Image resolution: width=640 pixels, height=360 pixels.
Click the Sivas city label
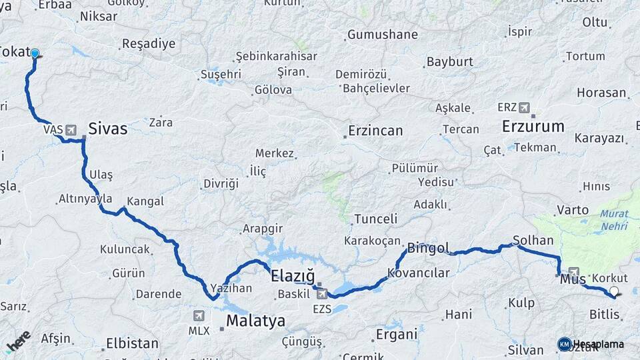tap(107, 129)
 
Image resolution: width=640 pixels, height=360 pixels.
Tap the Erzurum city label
tap(533, 126)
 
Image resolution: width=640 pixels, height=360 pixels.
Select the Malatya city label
tap(255, 321)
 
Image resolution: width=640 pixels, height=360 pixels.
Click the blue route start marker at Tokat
tap(35, 54)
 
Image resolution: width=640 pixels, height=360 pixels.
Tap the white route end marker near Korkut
tap(613, 291)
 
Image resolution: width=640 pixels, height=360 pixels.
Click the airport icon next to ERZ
tap(524, 107)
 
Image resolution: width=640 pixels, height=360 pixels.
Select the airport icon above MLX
tap(199, 315)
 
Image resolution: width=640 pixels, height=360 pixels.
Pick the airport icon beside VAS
tap(71, 129)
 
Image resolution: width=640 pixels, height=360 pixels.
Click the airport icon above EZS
tap(322, 293)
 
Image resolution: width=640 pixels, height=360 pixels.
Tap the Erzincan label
tap(375, 131)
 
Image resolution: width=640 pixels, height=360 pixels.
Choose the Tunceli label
tap(375, 219)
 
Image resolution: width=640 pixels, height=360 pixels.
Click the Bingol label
tap(428, 248)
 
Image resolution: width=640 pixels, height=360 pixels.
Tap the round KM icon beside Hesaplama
tap(564, 344)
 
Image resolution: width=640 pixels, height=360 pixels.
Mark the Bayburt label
tap(449, 62)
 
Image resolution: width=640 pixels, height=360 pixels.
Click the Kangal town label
tap(145, 201)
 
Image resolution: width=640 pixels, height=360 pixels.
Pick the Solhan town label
tap(533, 240)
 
